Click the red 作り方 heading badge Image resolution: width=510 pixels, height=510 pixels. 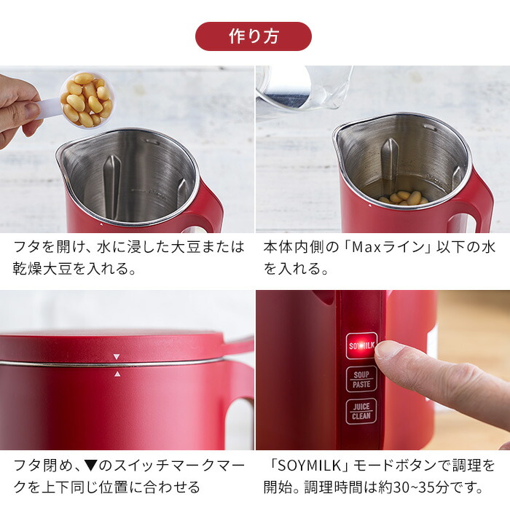[254, 36]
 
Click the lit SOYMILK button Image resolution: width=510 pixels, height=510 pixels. [361, 345]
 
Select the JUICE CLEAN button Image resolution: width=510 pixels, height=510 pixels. [361, 411]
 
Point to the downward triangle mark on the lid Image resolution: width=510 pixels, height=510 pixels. [116, 357]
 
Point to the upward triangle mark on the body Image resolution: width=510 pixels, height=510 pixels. [116, 373]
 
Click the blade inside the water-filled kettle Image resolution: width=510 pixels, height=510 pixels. [390, 164]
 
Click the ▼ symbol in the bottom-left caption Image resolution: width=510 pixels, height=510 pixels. [94, 465]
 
